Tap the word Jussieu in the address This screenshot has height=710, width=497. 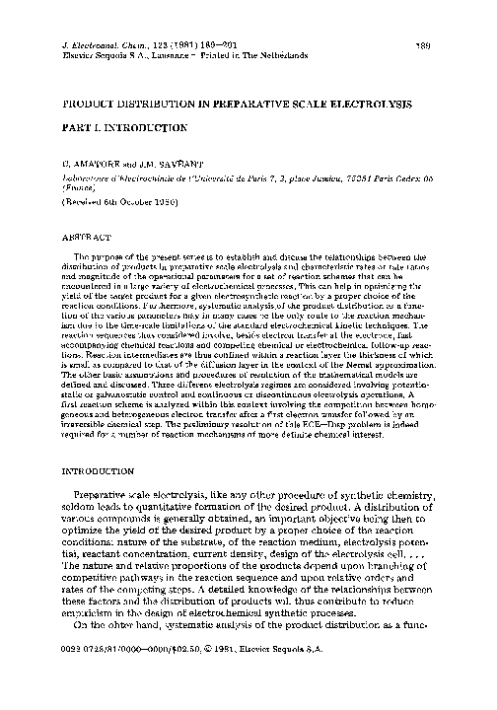click(x=318, y=179)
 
